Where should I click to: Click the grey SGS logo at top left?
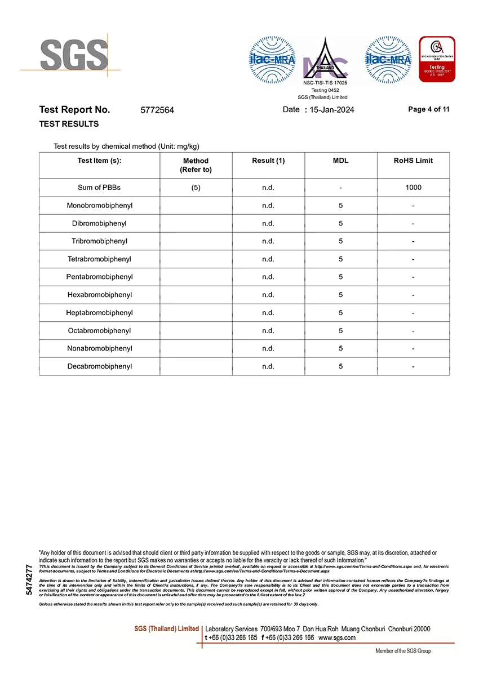73,55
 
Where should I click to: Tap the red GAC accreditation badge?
437,59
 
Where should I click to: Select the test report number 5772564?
157,110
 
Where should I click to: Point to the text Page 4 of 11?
429,109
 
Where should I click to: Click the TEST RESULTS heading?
69,124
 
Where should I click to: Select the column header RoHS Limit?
413,161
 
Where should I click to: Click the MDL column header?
341,161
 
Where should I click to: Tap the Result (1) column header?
268,161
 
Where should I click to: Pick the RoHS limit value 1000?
413,187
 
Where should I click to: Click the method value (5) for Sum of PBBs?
196,187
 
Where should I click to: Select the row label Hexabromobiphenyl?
99,295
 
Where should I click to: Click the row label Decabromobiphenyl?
99,366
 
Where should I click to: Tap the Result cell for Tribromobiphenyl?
268,241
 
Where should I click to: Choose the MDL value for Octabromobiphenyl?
341,331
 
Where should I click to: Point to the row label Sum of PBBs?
99,187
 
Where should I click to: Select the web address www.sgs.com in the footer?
337,638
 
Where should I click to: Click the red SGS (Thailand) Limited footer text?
166,628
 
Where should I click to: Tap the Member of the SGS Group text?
403,651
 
